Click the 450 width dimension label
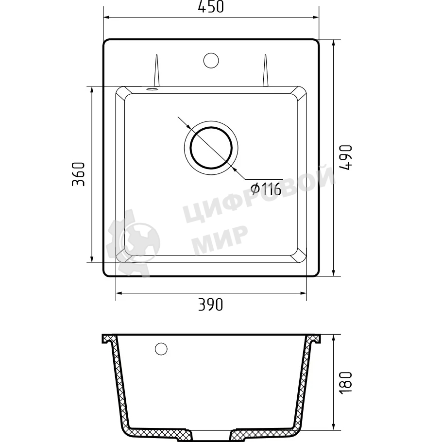211,7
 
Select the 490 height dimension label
346,157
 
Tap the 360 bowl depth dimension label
78,174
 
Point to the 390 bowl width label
211,305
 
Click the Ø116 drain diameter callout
266,189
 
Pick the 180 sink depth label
346,383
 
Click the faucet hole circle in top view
211,60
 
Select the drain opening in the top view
211,148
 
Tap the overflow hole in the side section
161,349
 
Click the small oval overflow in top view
152,89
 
